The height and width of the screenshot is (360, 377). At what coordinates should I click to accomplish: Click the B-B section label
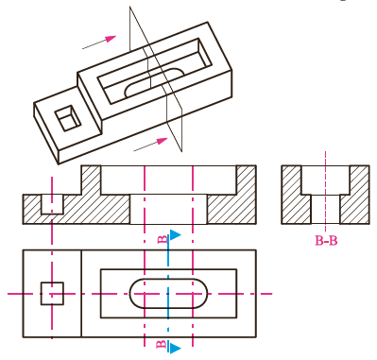(x=326, y=241)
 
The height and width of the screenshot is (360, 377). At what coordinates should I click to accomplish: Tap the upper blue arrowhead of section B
(x=175, y=235)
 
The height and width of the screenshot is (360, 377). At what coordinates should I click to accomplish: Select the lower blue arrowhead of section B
(x=175, y=348)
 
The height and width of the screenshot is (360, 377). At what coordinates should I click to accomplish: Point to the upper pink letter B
(x=162, y=239)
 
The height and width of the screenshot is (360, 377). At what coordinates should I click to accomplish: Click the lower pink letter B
(x=162, y=344)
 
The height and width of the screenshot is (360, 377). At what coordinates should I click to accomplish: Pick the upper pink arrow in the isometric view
(x=99, y=43)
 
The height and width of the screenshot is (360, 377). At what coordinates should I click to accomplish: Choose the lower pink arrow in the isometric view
(x=150, y=145)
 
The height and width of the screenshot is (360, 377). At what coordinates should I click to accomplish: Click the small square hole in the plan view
(x=52, y=294)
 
